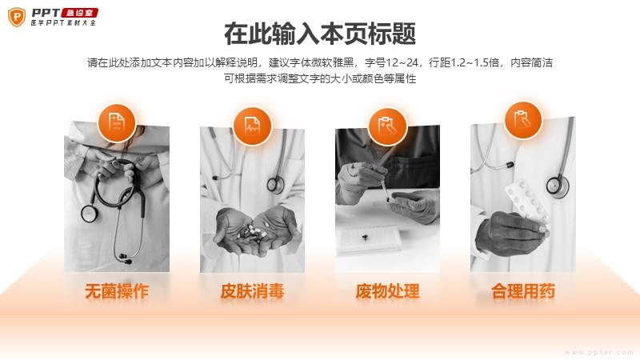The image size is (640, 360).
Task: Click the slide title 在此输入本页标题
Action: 320,34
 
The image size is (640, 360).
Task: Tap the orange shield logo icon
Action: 17,17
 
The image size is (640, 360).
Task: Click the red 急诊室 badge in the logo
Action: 79,13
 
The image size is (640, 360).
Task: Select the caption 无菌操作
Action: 117,292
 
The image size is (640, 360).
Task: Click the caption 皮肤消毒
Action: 252,292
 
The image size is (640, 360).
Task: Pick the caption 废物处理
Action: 388,292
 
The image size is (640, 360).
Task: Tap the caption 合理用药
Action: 523,292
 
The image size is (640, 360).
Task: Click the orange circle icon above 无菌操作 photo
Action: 117,122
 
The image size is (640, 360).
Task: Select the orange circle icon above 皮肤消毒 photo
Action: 252,126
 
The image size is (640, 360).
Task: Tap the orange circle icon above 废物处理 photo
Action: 387,126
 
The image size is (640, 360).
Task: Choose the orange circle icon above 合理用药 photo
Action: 523,119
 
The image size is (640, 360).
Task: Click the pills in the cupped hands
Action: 254,233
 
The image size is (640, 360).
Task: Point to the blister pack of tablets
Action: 526,202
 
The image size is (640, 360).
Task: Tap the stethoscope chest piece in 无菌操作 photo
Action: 89,213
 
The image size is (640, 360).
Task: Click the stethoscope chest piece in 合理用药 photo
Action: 558,186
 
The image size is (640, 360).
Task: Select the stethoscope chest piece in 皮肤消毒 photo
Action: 275,185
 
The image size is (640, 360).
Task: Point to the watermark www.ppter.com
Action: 599,352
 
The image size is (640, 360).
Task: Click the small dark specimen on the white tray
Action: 365,236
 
